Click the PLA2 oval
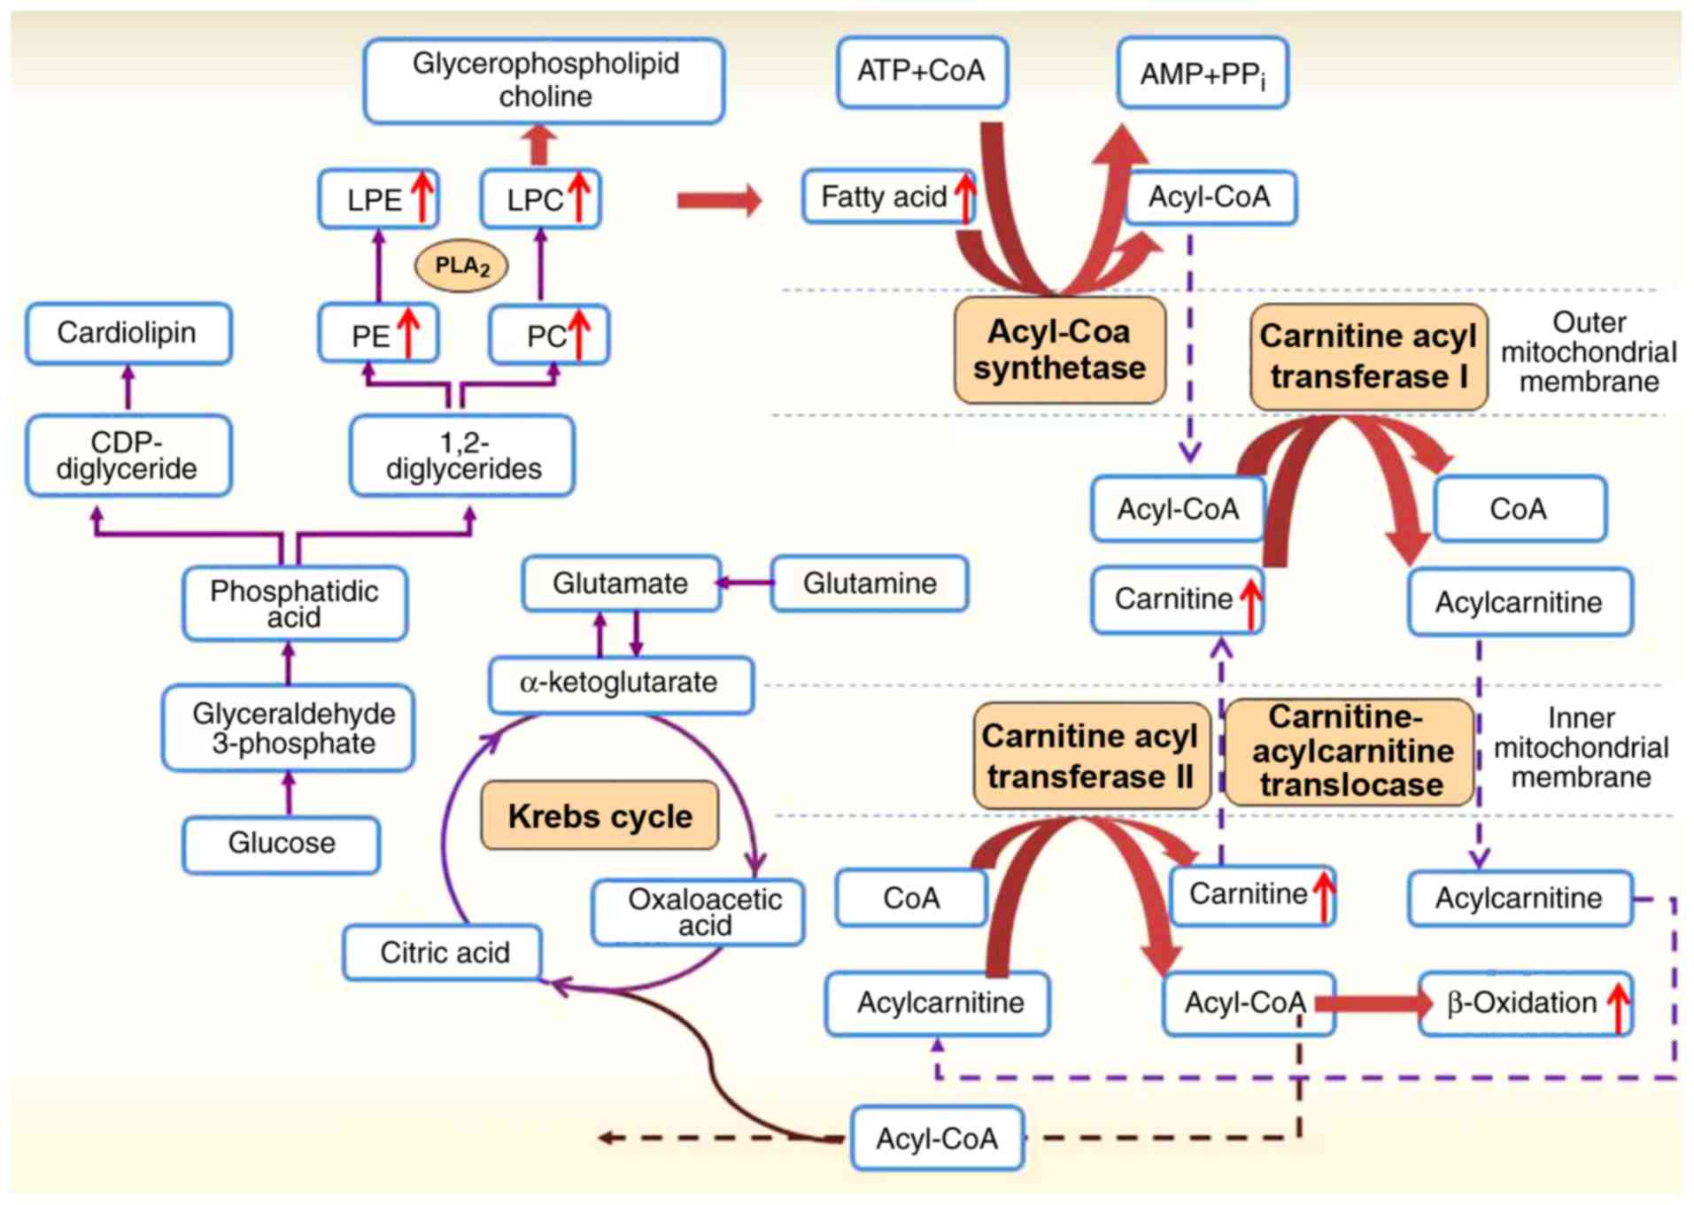click(461, 266)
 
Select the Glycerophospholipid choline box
click(544, 81)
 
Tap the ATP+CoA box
click(921, 72)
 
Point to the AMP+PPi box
click(1202, 73)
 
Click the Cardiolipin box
click(128, 334)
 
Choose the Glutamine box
click(870, 583)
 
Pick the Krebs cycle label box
click(599, 815)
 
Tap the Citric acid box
click(443, 953)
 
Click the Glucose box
click(282, 844)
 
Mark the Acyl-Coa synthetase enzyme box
click(1059, 351)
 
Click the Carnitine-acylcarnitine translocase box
click(1350, 752)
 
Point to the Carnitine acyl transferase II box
click(1090, 755)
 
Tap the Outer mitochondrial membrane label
click(1588, 351)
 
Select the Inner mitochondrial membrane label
click(1580, 747)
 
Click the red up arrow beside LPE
click(422, 197)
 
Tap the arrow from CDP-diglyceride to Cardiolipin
click(128, 388)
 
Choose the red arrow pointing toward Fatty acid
click(718, 201)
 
